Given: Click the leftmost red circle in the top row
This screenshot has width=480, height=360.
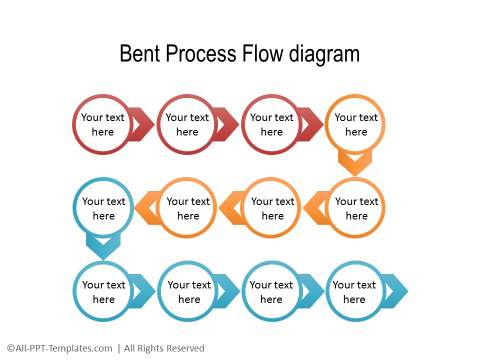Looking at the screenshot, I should pos(103,124).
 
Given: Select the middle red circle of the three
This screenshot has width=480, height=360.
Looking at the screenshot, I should pos(187,124).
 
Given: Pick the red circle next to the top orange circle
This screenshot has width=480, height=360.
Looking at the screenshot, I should pos(271,124).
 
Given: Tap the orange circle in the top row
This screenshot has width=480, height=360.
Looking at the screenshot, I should pos(355,124).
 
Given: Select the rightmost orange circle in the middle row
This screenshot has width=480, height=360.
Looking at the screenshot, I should pos(355,208).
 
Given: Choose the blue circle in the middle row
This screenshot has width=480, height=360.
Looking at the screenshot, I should pos(103,208).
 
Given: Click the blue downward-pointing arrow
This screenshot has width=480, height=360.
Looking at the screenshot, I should pos(103,245).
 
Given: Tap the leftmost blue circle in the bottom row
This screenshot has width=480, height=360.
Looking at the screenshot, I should pos(103,291).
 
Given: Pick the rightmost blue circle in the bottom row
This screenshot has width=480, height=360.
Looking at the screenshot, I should pos(355,291).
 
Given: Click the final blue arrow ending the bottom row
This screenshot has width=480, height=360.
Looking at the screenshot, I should pos(397,291).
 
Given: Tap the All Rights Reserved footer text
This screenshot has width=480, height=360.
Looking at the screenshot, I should pos(163,348).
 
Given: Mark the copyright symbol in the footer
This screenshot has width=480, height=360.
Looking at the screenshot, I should pos(9,348).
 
